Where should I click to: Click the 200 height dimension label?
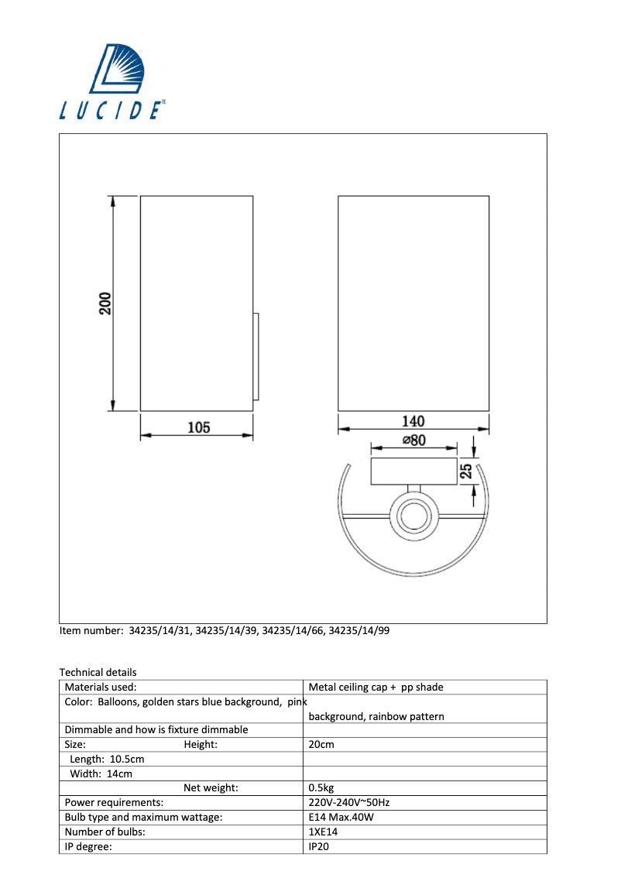pyautogui.click(x=105, y=303)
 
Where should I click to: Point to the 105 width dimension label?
pyautogui.click(x=199, y=427)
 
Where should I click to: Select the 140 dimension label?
pyautogui.click(x=413, y=421)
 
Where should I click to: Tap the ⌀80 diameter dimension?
pyautogui.click(x=414, y=441)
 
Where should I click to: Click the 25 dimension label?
pyautogui.click(x=466, y=472)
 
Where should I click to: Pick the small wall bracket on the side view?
pyautogui.click(x=256, y=356)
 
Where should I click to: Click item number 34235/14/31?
pyautogui.click(x=160, y=630)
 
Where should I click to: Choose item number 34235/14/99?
pyautogui.click(x=359, y=630)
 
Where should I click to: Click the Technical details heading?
pyautogui.click(x=98, y=672)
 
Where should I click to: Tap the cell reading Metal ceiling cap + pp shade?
pyautogui.click(x=376, y=687)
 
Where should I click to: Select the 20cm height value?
pyautogui.click(x=321, y=744)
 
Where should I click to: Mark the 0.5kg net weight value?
pyautogui.click(x=322, y=788)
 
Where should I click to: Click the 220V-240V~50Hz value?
pyautogui.click(x=348, y=802)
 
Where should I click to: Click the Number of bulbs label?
pyautogui.click(x=105, y=832)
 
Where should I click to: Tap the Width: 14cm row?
pyautogui.click(x=101, y=773)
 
